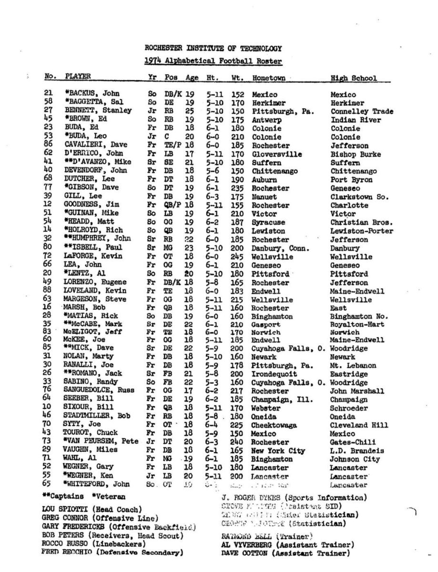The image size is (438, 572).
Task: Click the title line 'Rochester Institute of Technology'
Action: click(x=213, y=48)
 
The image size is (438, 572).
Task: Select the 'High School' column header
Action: click(x=353, y=78)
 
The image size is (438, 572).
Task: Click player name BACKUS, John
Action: click(x=92, y=94)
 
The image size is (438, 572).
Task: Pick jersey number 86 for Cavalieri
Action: click(x=48, y=145)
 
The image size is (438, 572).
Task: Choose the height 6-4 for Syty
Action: click(x=213, y=425)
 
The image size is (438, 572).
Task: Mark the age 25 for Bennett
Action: click(x=190, y=112)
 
